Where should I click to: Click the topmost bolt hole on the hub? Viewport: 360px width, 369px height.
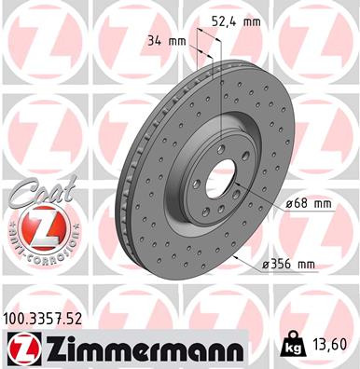tap(218, 148)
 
